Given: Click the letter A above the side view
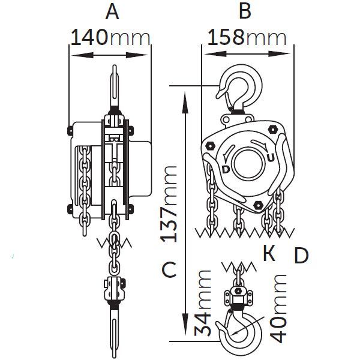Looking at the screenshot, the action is click(x=112, y=12).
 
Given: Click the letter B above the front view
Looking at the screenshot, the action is click(x=245, y=11).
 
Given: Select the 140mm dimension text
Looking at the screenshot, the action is click(x=110, y=37).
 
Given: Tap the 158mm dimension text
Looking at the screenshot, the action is click(x=247, y=37).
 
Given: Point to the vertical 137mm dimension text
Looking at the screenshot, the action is click(x=169, y=204).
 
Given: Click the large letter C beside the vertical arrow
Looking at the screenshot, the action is click(x=169, y=269).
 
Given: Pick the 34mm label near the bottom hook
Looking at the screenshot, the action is click(x=203, y=303).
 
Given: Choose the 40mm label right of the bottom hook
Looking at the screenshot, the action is click(x=278, y=308).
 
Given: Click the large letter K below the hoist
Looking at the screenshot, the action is click(x=269, y=253).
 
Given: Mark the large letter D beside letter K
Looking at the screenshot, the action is click(x=301, y=256).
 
